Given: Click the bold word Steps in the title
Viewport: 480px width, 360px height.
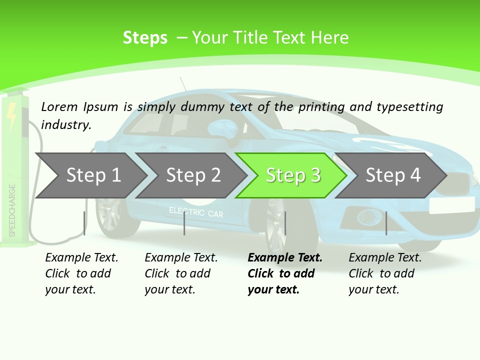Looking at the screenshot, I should tap(145, 38).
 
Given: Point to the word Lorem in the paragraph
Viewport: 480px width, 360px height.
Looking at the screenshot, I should tap(59, 106).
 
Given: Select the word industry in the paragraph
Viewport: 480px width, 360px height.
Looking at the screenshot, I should tap(65, 125).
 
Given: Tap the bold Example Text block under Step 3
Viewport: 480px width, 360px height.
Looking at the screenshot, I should tap(284, 273).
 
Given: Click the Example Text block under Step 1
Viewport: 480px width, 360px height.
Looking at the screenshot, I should tap(81, 273).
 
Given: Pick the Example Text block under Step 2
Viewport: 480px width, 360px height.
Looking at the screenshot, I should tap(181, 273).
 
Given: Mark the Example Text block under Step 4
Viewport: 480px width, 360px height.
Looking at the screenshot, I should tap(385, 273).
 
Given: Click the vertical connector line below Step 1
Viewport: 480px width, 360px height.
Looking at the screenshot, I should tap(84, 223).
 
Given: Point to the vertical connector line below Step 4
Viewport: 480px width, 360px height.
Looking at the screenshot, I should tap(386, 223).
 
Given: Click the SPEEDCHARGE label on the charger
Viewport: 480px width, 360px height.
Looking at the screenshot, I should tap(12, 210).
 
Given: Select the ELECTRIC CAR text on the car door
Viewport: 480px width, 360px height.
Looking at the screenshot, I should tap(196, 212).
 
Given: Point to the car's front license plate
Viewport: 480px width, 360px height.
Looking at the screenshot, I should tap(451, 204).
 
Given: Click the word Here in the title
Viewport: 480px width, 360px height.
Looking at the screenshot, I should tap(329, 38).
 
